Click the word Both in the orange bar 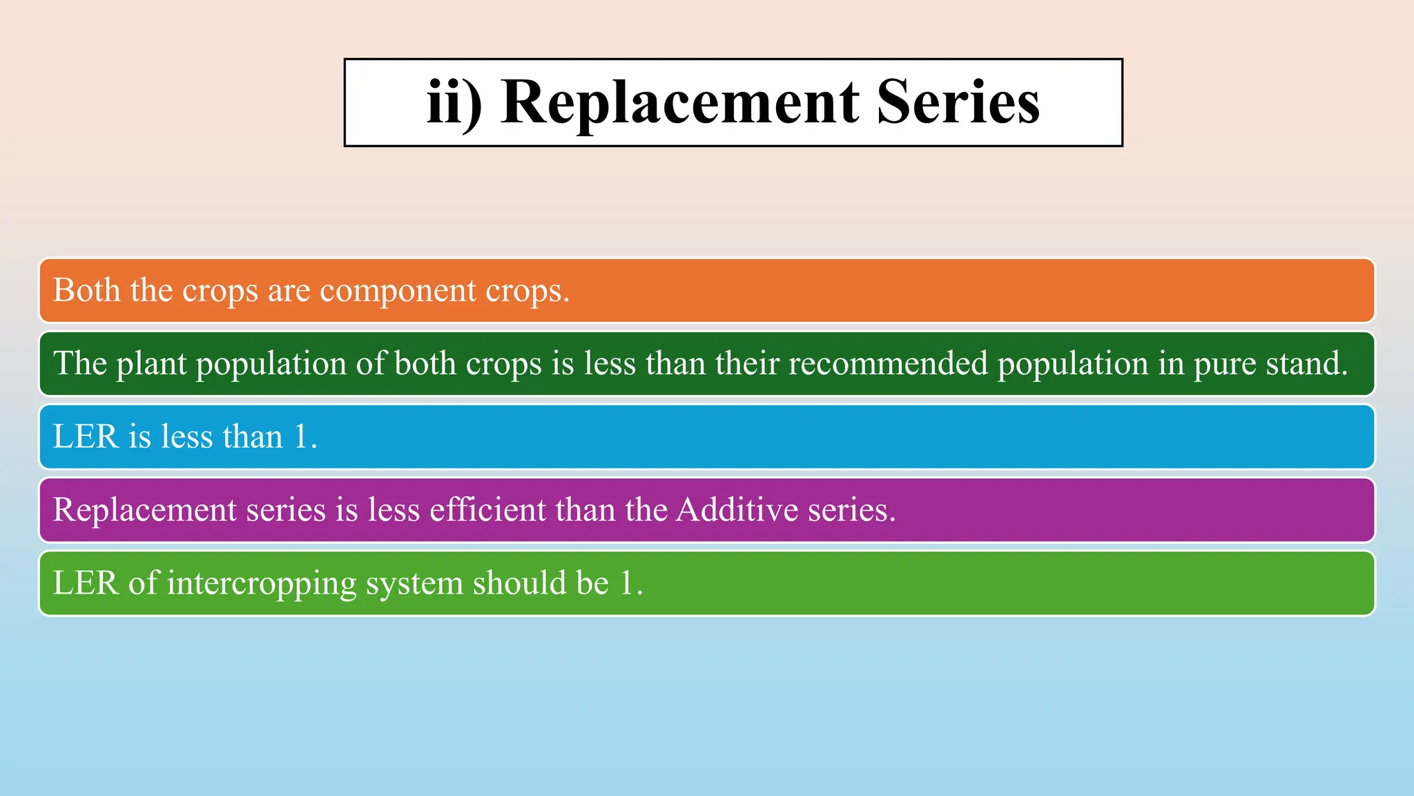coord(87,290)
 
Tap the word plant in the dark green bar coord(151,364)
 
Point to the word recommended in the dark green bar coord(888,363)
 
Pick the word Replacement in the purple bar coord(145,511)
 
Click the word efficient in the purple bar coord(487,510)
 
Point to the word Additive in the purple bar coord(737,510)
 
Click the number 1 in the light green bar coord(627,583)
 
